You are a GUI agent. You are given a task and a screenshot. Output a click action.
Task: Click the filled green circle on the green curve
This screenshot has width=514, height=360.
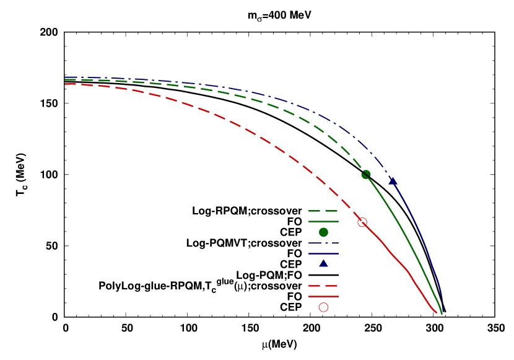366,175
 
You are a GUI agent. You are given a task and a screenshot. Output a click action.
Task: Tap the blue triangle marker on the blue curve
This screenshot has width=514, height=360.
392,182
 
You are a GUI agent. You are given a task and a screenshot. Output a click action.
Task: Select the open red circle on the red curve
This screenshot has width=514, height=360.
362,222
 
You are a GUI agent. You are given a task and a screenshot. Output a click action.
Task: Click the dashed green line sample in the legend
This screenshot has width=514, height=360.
323,211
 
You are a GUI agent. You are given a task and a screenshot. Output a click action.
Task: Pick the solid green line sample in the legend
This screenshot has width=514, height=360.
323,221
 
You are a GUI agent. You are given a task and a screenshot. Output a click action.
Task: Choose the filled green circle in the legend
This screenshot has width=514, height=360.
323,232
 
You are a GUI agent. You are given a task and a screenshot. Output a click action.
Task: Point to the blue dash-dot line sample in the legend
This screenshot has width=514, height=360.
323,243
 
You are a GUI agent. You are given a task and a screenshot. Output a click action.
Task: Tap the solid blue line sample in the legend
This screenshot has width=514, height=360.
323,253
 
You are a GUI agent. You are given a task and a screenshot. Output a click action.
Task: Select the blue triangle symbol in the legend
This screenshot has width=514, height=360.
323,263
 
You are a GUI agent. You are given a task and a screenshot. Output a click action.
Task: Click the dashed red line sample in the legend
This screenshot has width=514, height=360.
323,286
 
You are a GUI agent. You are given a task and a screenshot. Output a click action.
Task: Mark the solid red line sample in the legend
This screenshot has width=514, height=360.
323,296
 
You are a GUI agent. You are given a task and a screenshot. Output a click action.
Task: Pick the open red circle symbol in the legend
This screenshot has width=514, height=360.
323,307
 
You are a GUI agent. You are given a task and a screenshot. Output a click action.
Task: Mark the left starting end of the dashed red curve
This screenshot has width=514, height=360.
66,84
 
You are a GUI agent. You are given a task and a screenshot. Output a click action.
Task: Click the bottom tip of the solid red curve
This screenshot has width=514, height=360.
437,313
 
